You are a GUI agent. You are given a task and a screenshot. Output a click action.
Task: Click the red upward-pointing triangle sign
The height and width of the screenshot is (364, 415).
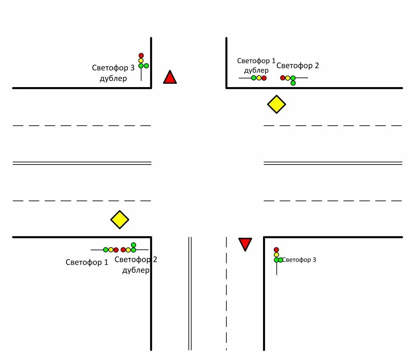click(170, 78)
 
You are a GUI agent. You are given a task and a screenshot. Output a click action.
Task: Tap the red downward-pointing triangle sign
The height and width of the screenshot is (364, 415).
click(245, 244)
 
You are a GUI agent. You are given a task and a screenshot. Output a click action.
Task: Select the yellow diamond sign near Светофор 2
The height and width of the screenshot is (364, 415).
click(277, 104)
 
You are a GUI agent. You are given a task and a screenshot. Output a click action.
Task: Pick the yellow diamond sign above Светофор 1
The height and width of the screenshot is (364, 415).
click(120, 220)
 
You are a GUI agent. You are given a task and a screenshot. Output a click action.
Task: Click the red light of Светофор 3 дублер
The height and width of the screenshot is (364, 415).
click(141, 55)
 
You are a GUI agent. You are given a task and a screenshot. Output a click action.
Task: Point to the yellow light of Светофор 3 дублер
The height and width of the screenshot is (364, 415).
click(141, 60)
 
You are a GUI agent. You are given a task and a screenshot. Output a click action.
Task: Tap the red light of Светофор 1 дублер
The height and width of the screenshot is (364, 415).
click(264, 78)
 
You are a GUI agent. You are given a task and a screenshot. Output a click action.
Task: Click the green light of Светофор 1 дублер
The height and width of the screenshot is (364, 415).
click(254, 78)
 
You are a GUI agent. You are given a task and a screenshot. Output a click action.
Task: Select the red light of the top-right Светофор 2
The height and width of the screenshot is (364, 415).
click(282, 78)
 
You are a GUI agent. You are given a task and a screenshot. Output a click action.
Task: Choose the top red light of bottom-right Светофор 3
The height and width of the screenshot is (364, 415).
click(277, 250)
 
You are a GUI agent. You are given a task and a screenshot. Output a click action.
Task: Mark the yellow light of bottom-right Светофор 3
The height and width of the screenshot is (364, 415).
click(277, 255)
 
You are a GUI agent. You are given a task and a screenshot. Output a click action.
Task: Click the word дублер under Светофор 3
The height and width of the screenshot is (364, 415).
click(113, 79)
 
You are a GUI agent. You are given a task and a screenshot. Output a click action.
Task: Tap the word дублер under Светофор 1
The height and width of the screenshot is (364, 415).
click(256, 71)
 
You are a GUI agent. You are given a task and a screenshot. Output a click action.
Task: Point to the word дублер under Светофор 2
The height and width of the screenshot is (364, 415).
click(136, 270)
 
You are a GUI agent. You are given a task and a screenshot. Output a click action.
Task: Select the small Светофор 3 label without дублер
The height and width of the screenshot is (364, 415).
click(299, 260)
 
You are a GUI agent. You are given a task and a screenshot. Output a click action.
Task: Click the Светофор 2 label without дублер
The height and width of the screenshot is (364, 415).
click(298, 66)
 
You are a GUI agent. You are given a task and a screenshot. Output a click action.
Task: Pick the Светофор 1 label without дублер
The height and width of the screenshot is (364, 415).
click(87, 262)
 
